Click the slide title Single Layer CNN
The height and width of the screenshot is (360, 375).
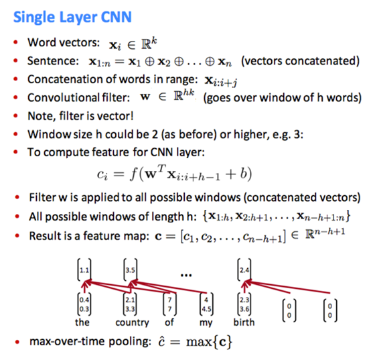pos(72,17)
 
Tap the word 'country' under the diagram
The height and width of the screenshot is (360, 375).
pos(132,322)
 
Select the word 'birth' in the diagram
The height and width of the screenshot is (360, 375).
pos(244,322)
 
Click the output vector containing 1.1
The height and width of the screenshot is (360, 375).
pos(84,269)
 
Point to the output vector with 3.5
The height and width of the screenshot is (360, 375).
pos(131,269)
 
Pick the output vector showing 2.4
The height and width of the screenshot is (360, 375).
pos(244,269)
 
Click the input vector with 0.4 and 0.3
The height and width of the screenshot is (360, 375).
pos(84,304)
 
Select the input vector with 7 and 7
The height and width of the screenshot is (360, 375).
pos(170,304)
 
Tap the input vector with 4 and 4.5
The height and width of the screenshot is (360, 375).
pos(206,304)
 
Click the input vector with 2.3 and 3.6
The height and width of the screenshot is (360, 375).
pos(244,304)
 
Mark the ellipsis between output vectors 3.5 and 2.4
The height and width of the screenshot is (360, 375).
pos(186,276)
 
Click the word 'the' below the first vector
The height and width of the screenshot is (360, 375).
pos(82,322)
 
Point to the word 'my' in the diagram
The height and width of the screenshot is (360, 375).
pos(206,323)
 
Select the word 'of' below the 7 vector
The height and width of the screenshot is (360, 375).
pos(169,322)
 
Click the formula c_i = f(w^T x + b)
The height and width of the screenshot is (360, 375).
pos(174,174)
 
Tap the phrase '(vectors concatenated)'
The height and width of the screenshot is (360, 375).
pos(301,61)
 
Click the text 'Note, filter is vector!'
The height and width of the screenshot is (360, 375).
pos(80,116)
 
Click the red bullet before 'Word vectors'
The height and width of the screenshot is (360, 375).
pos(16,43)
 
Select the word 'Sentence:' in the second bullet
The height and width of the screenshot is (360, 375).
pos(53,61)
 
